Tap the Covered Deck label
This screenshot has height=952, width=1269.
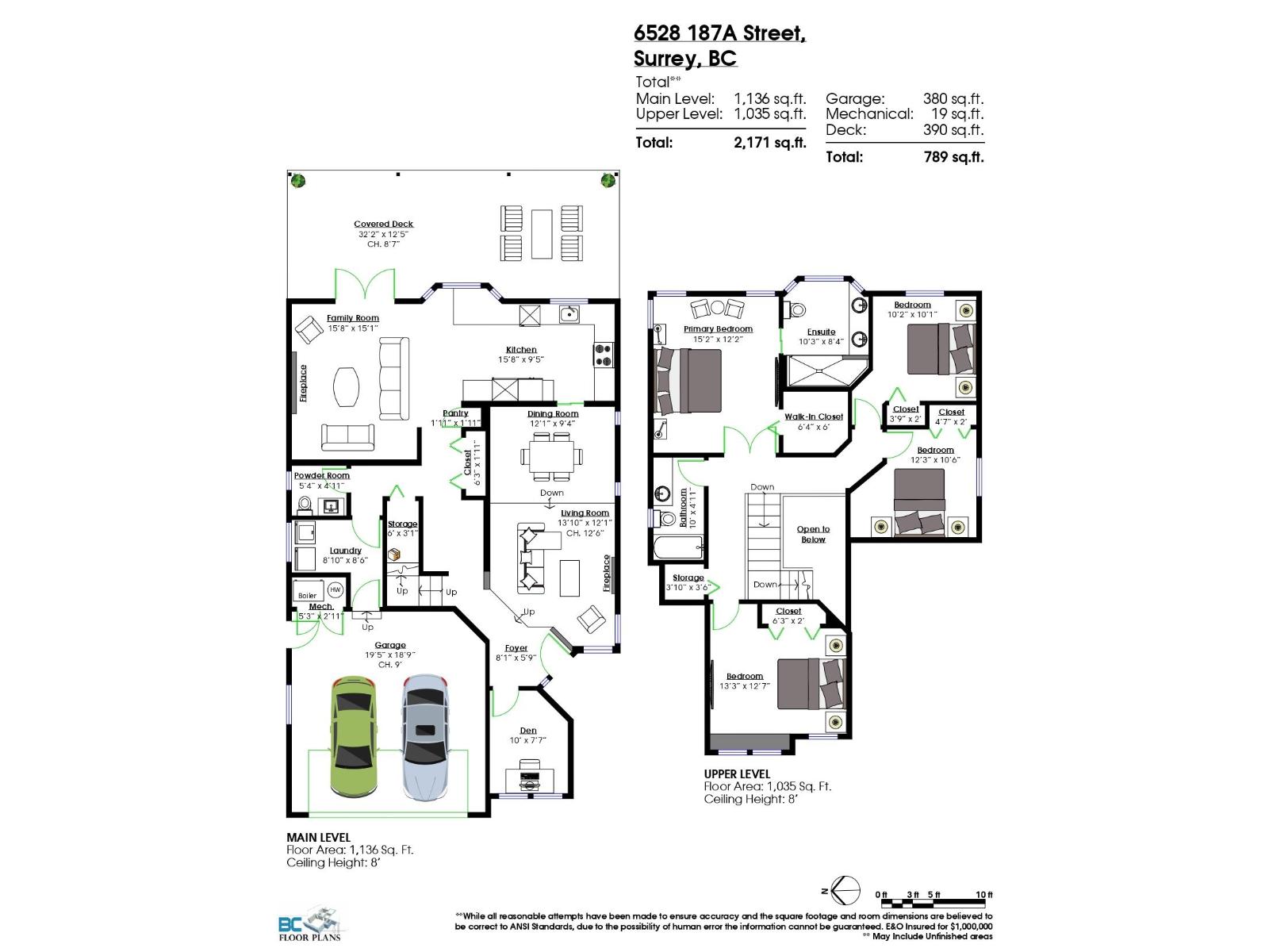coord(383,225)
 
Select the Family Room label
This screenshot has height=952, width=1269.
coord(353,318)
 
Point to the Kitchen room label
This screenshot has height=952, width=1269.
coord(521,350)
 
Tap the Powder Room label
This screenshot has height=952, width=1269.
coord(321,476)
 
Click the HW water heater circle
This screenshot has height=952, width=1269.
coord(335,590)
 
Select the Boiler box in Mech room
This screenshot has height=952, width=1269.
coord(307,595)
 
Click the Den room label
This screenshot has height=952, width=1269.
coord(528,731)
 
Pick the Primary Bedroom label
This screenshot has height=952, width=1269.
coord(718,329)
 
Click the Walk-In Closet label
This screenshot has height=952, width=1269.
coord(814,416)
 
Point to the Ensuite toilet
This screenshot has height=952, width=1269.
coord(796,309)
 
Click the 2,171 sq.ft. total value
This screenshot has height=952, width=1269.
coord(769,143)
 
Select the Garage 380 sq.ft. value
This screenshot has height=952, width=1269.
coord(953,99)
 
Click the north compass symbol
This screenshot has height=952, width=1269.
coord(845,892)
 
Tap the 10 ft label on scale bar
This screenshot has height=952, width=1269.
coord(983,895)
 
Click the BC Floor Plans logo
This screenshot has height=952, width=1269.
coord(309,927)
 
